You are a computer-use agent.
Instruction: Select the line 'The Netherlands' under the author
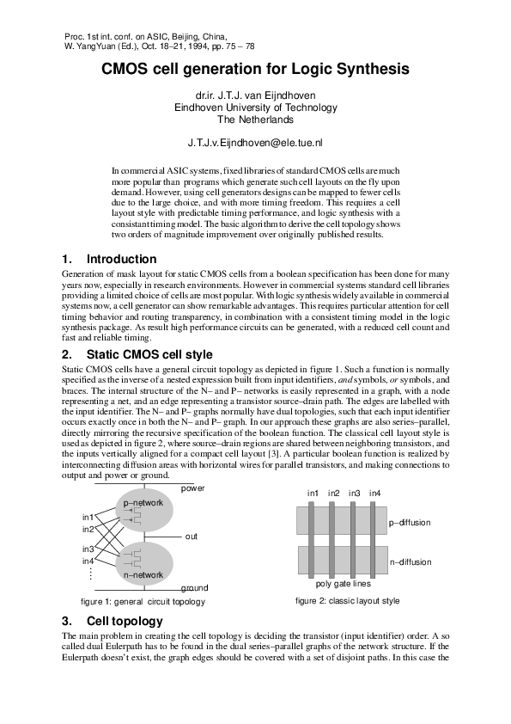pyautogui.click(x=255, y=120)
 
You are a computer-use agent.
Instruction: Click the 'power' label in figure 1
pyautogui.click(x=193, y=488)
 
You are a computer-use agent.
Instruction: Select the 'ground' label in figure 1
pyautogui.click(x=194, y=588)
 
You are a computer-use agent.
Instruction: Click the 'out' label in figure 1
pyautogui.click(x=191, y=536)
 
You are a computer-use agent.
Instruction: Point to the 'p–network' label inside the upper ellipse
pyautogui.click(x=143, y=502)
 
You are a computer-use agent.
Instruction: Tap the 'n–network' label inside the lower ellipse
pyautogui.click(x=143, y=574)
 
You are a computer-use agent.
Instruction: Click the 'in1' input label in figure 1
pyautogui.click(x=88, y=517)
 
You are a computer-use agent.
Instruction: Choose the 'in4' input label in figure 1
pyautogui.click(x=88, y=561)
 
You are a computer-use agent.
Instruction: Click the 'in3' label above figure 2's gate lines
pyautogui.click(x=354, y=493)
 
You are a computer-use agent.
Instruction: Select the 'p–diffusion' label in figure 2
pyautogui.click(x=410, y=522)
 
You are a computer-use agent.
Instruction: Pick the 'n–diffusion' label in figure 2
pyautogui.click(x=410, y=561)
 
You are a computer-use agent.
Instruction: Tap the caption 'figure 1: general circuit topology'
pyautogui.click(x=143, y=602)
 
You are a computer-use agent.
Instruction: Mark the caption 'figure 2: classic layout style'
pyautogui.click(x=347, y=600)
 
